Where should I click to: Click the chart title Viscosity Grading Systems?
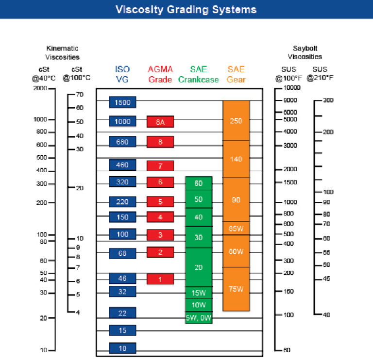pos(186,9)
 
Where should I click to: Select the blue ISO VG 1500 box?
pos(122,102)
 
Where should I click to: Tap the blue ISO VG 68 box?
pos(122,253)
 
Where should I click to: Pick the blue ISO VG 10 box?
pos(122,348)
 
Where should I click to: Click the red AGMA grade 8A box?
pos(160,122)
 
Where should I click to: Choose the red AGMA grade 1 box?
pos(160,279)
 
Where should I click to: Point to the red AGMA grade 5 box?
pos(160,201)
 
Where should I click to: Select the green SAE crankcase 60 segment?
pos(199,183)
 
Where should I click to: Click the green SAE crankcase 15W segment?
pos(199,293)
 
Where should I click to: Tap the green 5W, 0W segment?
pos(199,318)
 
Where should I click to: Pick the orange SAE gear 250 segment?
pos(236,121)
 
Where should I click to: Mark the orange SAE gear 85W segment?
pos(236,228)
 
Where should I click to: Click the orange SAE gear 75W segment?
pos(236,289)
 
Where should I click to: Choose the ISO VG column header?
pos(122,74)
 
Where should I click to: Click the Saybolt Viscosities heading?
pos(307,52)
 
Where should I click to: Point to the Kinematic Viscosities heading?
pos(62,52)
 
